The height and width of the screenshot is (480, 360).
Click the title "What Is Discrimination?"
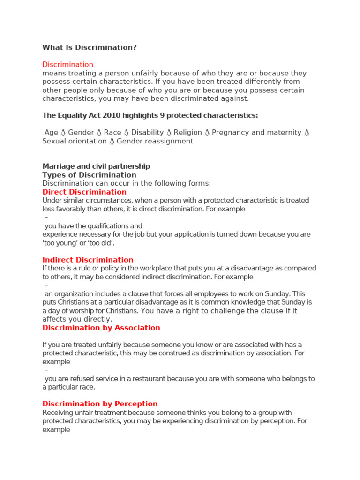90,47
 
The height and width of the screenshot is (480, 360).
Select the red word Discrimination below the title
67,64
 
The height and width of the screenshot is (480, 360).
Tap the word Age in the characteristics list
51,133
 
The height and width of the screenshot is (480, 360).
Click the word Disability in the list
147,133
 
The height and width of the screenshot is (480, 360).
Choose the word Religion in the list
187,133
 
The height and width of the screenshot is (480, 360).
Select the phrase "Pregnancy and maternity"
256,133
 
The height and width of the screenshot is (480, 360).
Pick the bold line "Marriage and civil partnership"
96,166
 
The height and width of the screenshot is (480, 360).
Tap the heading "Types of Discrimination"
89,175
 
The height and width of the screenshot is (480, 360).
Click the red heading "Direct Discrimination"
84,192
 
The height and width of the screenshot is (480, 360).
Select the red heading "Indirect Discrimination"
88,260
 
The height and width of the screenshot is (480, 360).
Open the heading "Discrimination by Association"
101,328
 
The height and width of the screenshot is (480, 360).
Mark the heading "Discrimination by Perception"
100,404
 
